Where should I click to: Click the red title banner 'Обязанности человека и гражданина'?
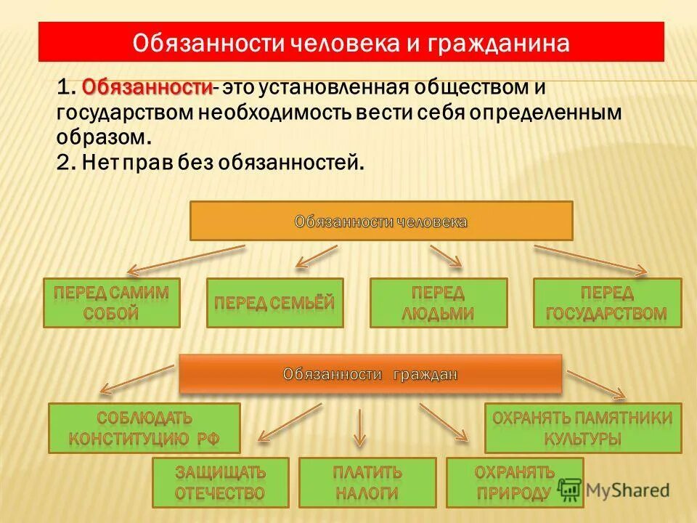(x=351, y=41)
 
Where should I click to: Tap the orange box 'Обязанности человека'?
(x=381, y=221)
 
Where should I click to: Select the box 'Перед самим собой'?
(x=111, y=303)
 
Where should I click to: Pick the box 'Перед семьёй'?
(x=274, y=303)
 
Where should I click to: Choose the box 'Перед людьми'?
(x=439, y=303)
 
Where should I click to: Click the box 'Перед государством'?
(x=607, y=303)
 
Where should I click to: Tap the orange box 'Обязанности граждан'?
(x=370, y=374)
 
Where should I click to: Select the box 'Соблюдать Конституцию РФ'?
(x=144, y=428)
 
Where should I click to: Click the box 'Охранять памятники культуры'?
(x=583, y=428)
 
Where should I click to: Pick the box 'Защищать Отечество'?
(x=220, y=482)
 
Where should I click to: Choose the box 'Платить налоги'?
(x=367, y=482)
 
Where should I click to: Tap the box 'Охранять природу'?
(x=514, y=482)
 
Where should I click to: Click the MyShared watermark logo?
(x=614, y=490)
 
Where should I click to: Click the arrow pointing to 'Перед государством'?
(x=590, y=260)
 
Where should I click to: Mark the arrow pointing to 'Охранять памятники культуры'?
(x=595, y=384)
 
